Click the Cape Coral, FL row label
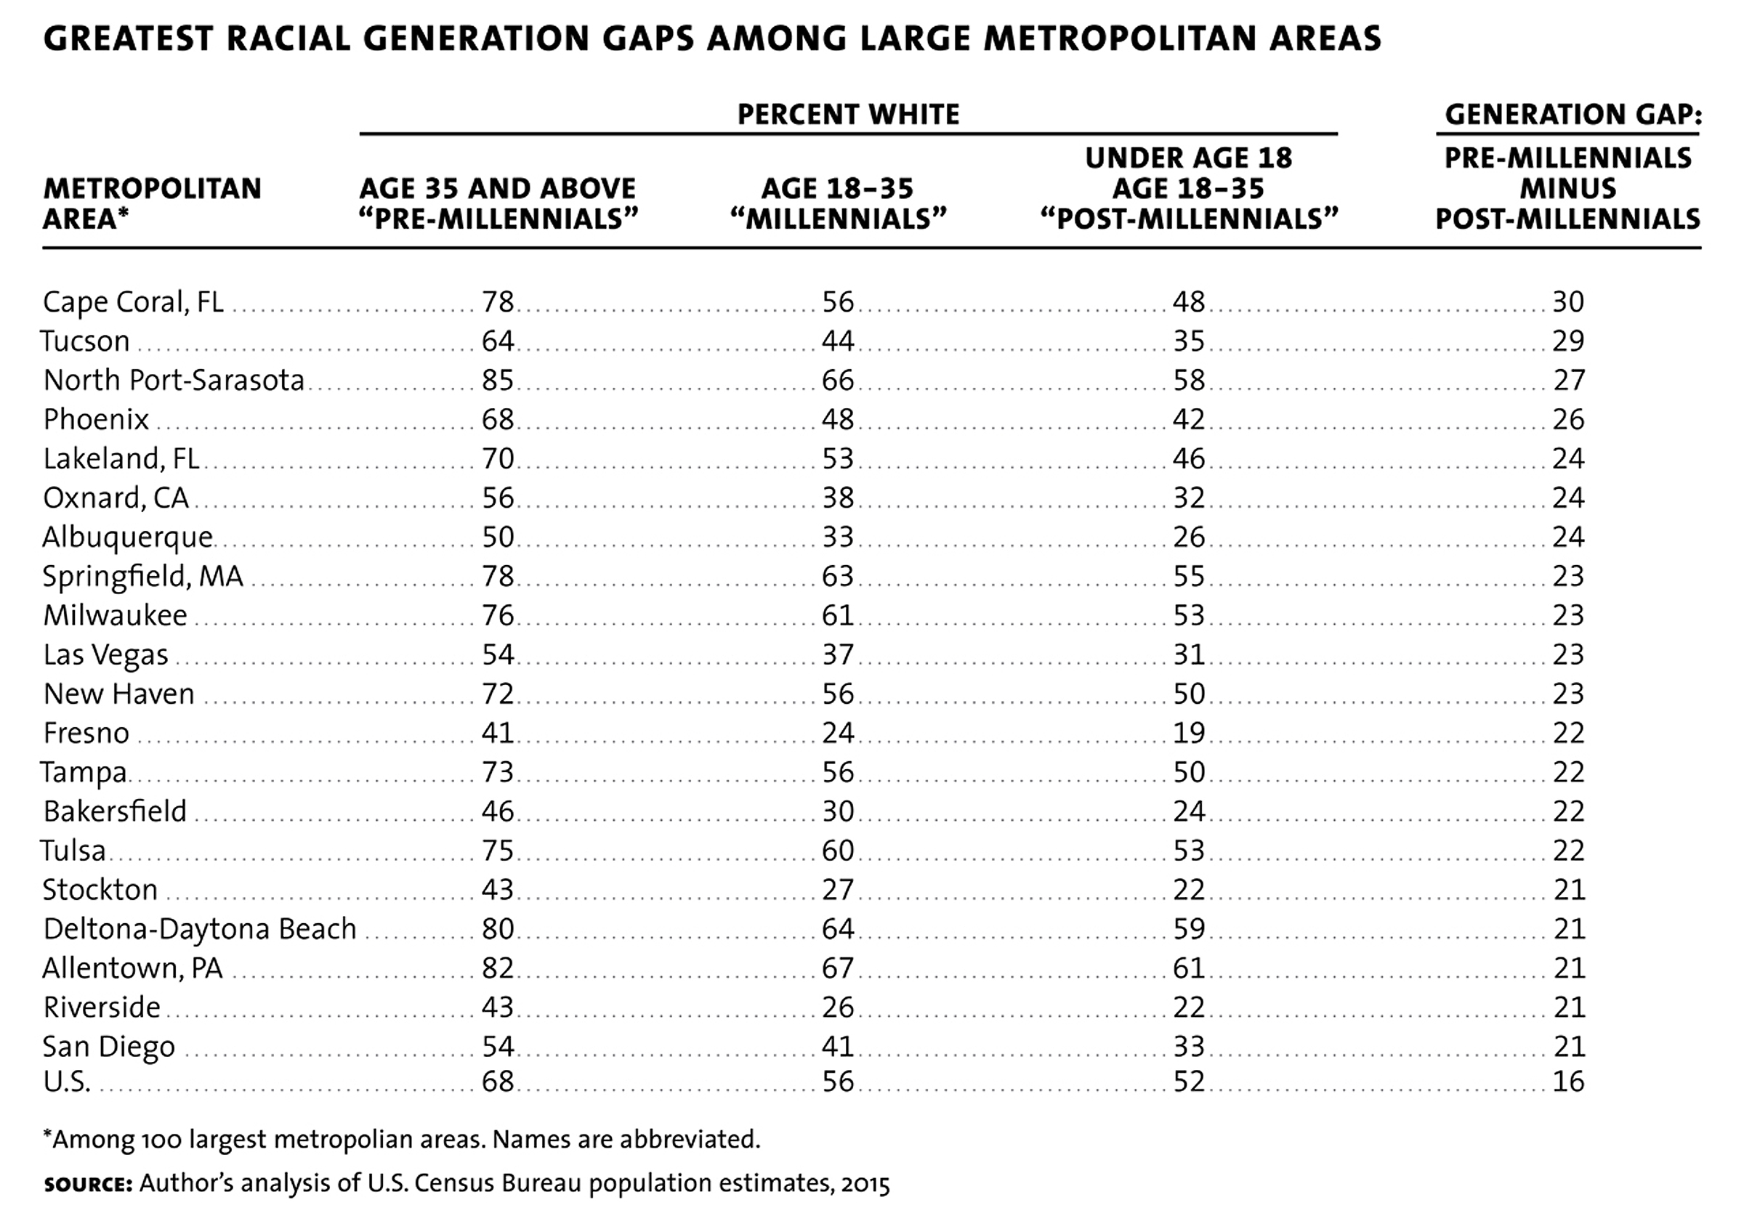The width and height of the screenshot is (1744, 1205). point(133,302)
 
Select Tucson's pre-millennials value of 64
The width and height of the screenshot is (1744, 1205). point(498,341)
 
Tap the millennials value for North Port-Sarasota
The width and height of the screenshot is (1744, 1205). point(838,381)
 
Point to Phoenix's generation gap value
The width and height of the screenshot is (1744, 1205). point(1568,420)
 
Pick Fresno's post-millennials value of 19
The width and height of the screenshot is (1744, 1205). point(1189,733)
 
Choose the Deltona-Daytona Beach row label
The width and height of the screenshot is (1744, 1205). point(199,930)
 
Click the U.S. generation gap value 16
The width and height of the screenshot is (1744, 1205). point(1568,1082)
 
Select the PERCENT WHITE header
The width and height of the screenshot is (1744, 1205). point(848,115)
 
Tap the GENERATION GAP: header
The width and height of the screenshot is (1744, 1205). point(1573,115)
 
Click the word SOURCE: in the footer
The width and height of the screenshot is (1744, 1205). point(89,1184)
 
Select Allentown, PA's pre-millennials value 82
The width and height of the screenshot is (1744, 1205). point(498,969)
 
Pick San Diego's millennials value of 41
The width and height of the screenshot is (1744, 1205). point(838,1047)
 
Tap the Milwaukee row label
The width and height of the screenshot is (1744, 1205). point(115,616)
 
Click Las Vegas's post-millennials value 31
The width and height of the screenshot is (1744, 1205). point(1189,654)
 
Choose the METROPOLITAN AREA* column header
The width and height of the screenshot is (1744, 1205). point(152,204)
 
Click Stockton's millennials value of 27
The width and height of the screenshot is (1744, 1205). point(838,890)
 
